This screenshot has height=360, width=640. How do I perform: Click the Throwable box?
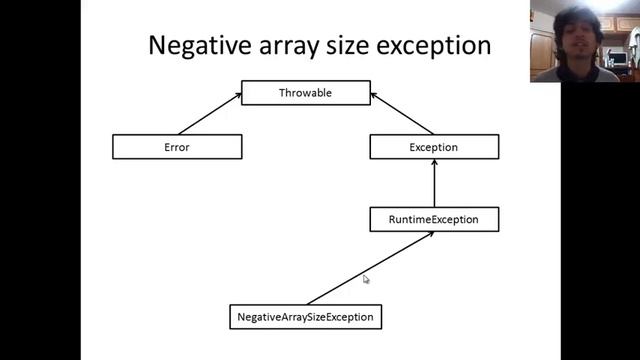point(306,93)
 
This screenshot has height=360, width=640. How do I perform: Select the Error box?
point(177,147)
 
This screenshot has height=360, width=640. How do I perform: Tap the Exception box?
point(434,147)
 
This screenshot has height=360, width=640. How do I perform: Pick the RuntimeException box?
point(434,219)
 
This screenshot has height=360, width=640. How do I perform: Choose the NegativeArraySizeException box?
point(305,317)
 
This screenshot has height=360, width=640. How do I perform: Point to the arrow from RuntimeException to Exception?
point(434,184)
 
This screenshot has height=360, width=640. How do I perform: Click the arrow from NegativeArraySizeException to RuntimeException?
point(370,267)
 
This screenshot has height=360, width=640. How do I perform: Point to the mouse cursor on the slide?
point(366,280)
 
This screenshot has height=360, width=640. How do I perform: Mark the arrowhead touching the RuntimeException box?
point(429,235)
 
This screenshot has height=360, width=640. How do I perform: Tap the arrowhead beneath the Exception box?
point(434,163)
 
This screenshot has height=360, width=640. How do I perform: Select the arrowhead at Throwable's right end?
point(373,96)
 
